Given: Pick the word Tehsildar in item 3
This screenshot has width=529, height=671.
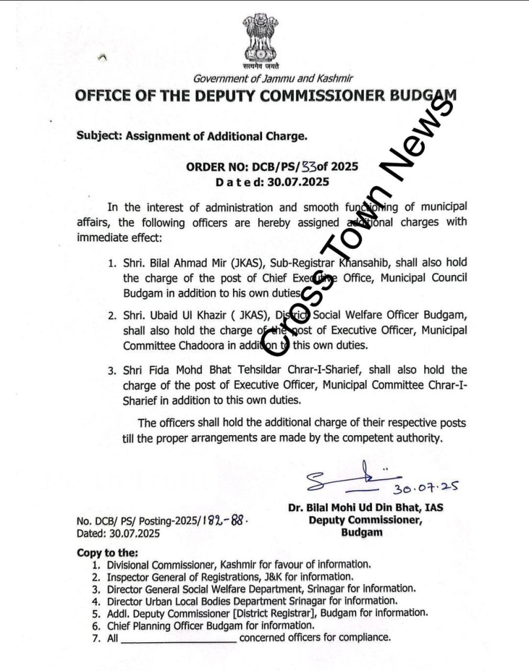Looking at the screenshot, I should pos(249,370).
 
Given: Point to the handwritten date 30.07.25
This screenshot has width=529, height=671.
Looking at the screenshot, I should pos(424,488).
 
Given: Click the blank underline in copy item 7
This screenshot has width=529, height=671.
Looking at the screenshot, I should pos(178,638).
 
